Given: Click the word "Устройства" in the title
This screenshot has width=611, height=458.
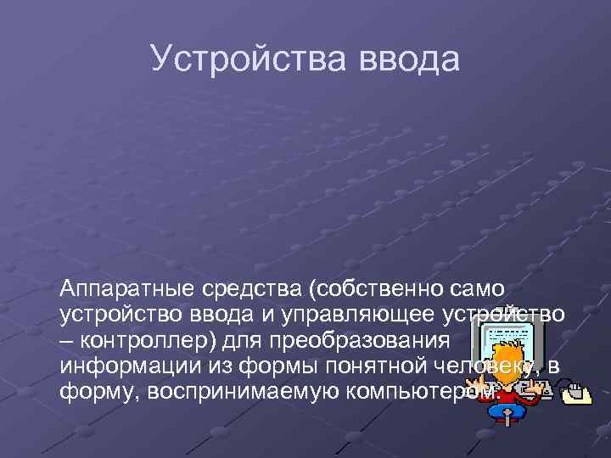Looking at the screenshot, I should click(x=232, y=59).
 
